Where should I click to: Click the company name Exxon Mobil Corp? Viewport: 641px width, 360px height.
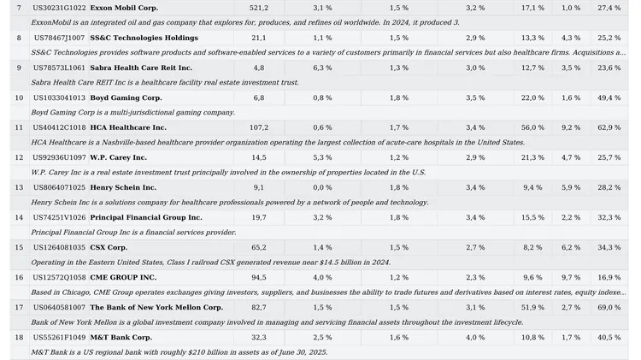[x=124, y=8]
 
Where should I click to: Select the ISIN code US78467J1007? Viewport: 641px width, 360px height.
[x=59, y=38]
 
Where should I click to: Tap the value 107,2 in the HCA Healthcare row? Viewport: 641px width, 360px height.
[x=258, y=127]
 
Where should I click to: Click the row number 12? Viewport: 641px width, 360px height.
[x=19, y=157]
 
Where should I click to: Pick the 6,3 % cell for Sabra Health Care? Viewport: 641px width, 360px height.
[x=322, y=68]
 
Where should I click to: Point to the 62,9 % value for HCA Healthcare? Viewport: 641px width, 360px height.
[x=609, y=127]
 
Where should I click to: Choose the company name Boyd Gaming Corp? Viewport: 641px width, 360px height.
[x=126, y=97]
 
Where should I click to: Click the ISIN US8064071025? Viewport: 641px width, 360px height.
[x=59, y=187]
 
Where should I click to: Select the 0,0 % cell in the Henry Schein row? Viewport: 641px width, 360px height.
[x=322, y=187]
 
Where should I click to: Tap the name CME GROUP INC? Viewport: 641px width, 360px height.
[x=123, y=277]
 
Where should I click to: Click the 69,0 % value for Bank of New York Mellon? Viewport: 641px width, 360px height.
[x=609, y=307]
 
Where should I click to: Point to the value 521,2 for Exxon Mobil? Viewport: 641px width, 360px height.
[x=258, y=8]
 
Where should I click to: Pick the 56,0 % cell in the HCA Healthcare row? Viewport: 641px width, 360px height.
[x=532, y=127]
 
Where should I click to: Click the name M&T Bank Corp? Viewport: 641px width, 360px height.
[x=121, y=337]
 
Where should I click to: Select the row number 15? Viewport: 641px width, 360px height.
[x=19, y=247]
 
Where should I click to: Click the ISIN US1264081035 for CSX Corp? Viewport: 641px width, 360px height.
[x=59, y=247]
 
